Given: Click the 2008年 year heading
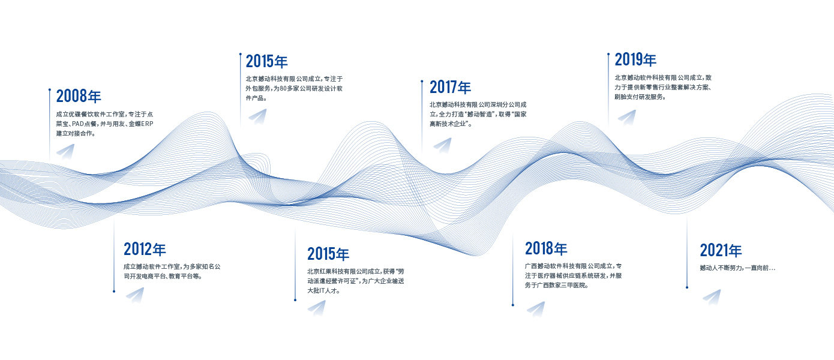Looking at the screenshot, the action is pos(79,96).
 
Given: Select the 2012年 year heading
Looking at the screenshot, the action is pos(145,250).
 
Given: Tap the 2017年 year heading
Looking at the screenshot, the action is pos(450,87).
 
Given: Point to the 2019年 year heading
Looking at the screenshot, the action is pos(635,59).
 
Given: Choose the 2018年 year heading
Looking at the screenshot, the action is pos(546,248).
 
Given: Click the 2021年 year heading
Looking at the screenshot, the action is pos(721,250).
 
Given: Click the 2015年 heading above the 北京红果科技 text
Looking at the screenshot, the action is pos(328,254).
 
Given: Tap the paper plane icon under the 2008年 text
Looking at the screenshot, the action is pos(66,152).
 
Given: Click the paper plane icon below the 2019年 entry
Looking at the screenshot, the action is pos(628,117).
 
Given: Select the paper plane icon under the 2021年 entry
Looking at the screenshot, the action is pos(712,297).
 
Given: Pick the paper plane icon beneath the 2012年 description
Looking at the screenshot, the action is pos(135,295).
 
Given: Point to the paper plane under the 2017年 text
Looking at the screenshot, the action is pos(443,145).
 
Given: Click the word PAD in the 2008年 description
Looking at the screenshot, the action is pos(78,124).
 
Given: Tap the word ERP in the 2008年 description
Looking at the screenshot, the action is pos(147,124).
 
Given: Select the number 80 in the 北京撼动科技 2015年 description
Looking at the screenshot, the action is pos(284,89).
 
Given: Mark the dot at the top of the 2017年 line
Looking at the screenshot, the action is pos(422,81).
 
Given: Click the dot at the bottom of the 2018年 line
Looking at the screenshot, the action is pos(512,305).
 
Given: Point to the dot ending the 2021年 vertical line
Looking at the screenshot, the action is pos(687,287).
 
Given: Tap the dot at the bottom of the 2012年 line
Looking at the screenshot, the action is pos(114,291).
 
